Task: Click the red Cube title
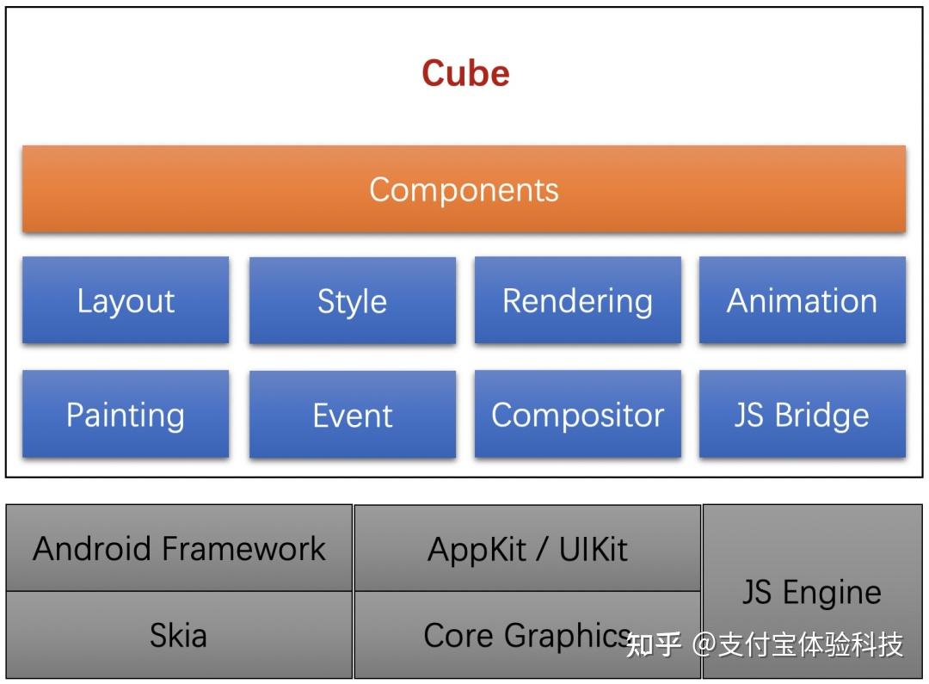(465, 73)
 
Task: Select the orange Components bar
(464, 189)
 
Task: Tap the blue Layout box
(126, 301)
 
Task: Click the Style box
(352, 301)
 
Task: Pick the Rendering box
(577, 301)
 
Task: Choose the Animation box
(802, 301)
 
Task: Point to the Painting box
(126, 415)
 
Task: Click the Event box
(352, 415)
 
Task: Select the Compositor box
(577, 415)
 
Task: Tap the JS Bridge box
(802, 415)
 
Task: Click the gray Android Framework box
(179, 548)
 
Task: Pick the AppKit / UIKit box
(527, 548)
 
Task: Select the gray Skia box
(179, 635)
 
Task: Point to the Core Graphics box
(527, 635)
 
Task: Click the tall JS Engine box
(812, 592)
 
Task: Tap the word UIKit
(594, 549)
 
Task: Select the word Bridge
(821, 416)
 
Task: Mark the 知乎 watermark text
(654, 644)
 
